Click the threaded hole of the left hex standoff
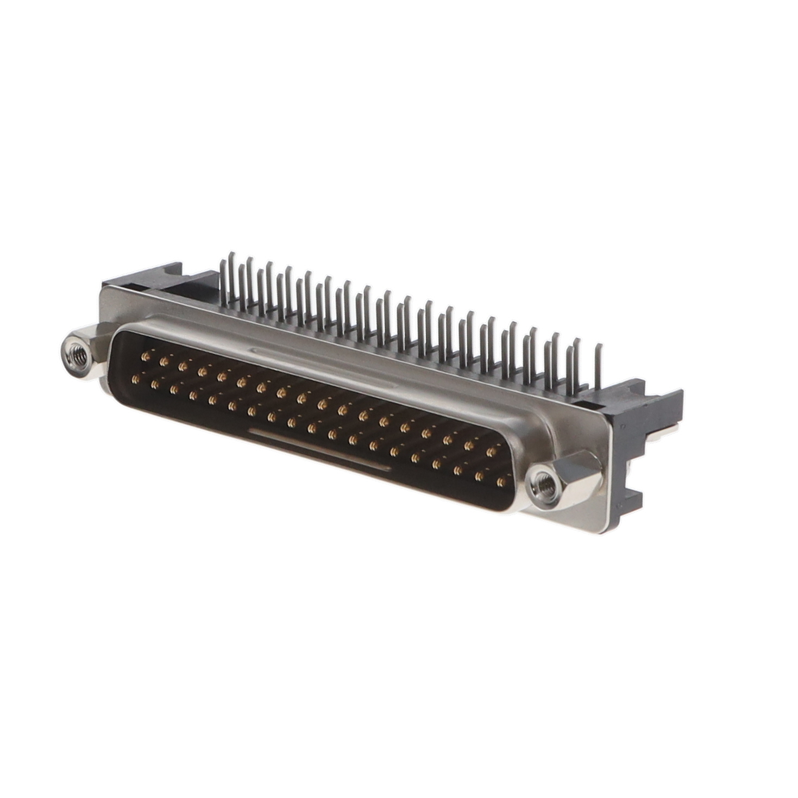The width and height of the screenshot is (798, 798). point(77,356)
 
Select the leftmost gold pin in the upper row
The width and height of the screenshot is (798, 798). point(144,356)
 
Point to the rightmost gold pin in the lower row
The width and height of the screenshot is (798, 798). point(501,481)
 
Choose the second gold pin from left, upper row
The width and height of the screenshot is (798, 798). point(164,361)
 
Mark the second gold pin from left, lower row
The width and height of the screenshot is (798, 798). point(154,384)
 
